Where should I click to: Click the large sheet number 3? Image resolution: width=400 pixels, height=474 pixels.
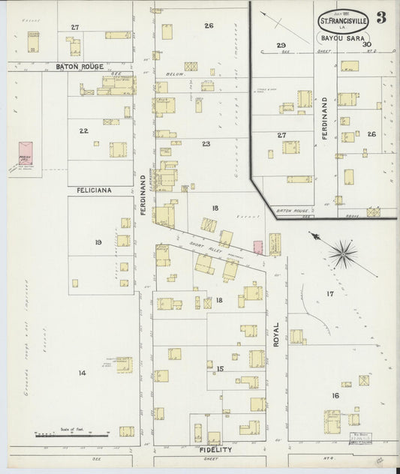point(381,18)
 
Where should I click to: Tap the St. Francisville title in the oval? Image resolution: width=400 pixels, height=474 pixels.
point(342,21)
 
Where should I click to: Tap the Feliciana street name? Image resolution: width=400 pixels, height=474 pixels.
point(94,190)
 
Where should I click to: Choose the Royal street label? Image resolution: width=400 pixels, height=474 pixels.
point(276,333)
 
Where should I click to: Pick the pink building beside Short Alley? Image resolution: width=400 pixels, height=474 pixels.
point(257,247)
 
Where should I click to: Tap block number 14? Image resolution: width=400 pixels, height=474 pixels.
point(82,372)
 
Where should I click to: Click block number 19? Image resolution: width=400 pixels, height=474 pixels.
point(98,241)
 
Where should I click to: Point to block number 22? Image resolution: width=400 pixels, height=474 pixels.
point(84,130)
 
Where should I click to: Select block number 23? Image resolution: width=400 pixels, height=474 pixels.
point(206,142)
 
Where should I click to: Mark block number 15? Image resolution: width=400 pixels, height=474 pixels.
point(220,368)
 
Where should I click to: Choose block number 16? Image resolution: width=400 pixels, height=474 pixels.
point(335,395)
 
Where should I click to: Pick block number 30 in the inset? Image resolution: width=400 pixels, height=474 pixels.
point(367,44)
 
